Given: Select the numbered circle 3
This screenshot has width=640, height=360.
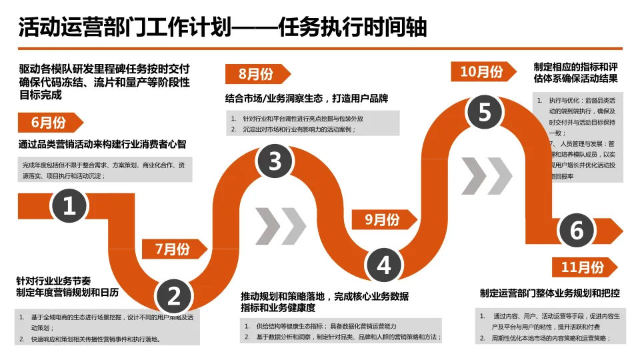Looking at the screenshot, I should (x=275, y=161).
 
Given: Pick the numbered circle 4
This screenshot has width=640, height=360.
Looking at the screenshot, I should (x=384, y=265).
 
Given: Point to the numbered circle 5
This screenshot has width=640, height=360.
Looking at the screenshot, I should (x=485, y=112).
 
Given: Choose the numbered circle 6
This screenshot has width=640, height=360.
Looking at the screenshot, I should (x=577, y=230).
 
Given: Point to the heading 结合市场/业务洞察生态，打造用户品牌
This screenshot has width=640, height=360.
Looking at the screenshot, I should (x=307, y=98).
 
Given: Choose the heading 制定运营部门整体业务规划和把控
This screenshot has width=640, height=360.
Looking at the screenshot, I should (x=550, y=293).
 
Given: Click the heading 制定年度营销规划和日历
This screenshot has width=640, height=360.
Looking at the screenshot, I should (x=67, y=292).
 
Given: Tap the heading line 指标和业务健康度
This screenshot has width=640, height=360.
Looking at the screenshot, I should (x=278, y=308).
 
